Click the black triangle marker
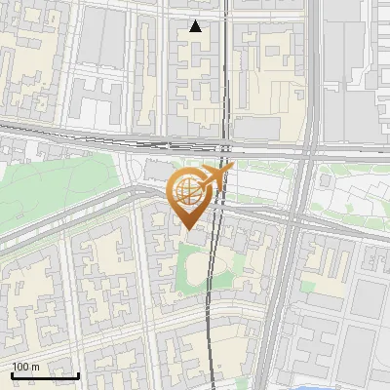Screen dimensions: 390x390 [196, 26]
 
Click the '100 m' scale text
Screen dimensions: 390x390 [25, 367]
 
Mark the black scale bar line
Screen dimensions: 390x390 [45, 375]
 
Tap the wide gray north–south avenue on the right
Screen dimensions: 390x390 [283, 292]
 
